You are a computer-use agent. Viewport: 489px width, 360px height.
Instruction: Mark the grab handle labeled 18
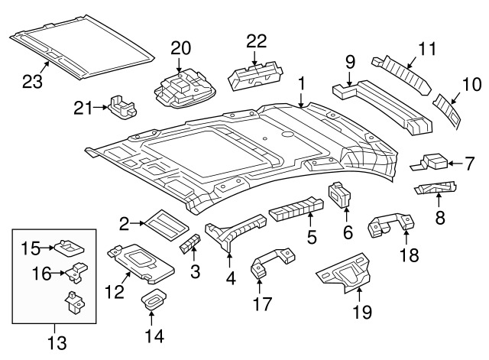pos(388,225)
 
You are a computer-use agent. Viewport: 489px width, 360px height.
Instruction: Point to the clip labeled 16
pos(76,271)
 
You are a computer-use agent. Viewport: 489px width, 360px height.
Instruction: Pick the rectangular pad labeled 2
pos(164,222)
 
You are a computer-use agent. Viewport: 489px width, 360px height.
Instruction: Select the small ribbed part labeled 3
pos(189,244)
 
